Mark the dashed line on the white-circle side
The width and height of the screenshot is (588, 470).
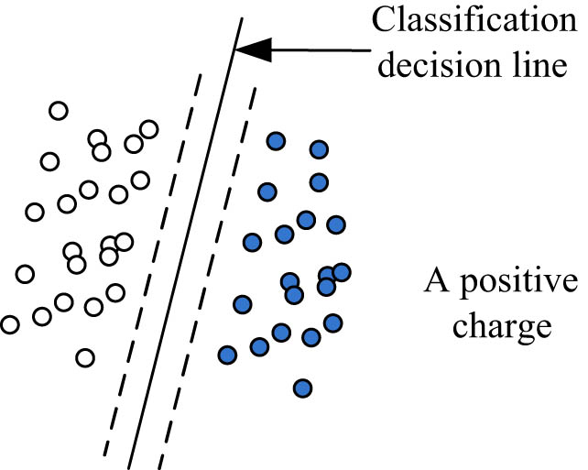(151, 266)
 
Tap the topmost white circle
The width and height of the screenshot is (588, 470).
(58, 111)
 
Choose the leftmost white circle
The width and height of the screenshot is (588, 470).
(9, 324)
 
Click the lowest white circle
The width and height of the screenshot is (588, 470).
(85, 357)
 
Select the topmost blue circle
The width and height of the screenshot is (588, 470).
(275, 140)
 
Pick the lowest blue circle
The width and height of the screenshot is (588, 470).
(302, 388)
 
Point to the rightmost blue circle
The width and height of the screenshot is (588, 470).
(342, 271)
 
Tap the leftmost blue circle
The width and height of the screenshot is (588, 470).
(227, 355)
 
